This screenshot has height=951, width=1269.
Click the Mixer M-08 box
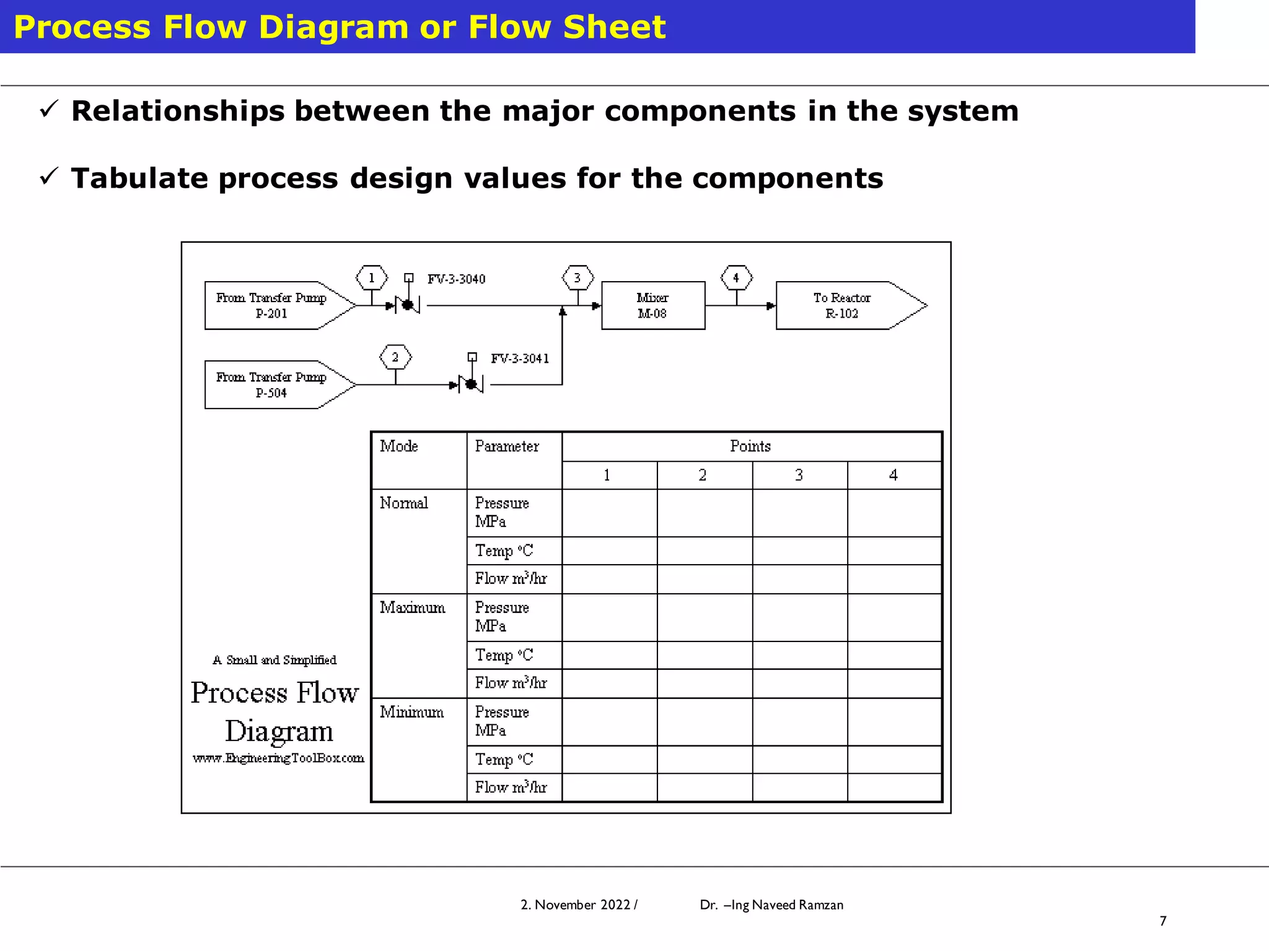click(652, 305)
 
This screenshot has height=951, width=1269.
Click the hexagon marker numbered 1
click(372, 278)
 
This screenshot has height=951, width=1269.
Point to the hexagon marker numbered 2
click(395, 357)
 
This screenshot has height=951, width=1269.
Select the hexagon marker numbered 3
click(577, 278)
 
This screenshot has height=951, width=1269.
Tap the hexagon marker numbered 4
click(736, 278)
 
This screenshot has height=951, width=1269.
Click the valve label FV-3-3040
click(457, 279)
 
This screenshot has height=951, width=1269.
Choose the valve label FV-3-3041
click(520, 358)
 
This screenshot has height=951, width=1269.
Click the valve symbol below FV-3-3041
click(472, 384)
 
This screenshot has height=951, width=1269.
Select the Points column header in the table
click(750, 446)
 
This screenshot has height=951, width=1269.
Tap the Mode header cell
click(399, 446)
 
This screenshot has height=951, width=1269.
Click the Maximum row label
click(413, 608)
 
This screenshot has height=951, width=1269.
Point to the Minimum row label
click(412, 713)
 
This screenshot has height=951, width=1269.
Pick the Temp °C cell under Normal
click(504, 550)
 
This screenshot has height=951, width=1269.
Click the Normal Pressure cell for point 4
click(894, 513)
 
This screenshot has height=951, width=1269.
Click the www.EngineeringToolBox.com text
click(278, 758)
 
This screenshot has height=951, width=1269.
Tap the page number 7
click(1163, 921)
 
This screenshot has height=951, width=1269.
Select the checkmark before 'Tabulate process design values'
click(48, 177)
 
